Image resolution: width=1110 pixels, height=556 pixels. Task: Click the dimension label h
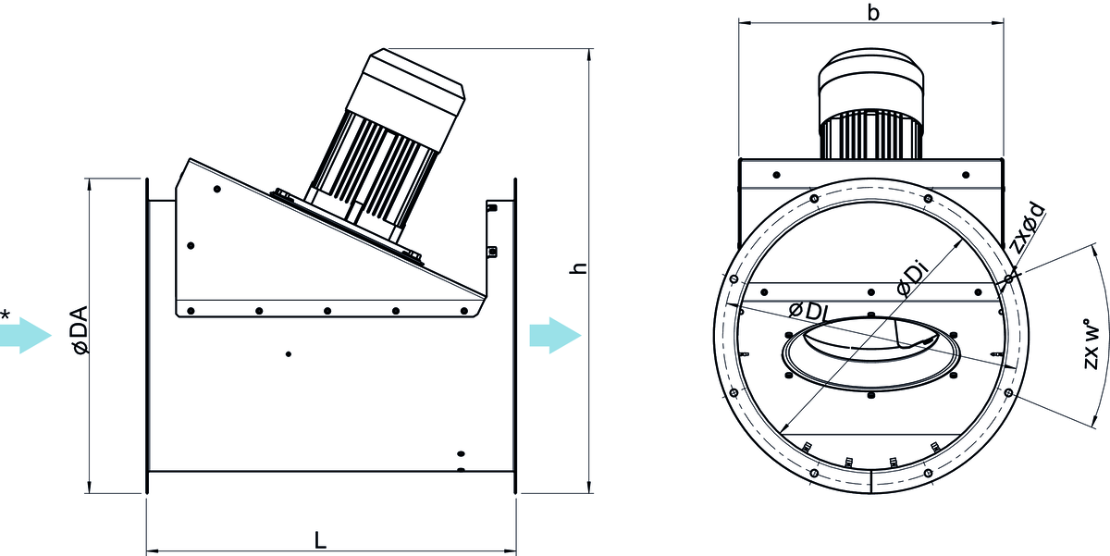pos(578,269)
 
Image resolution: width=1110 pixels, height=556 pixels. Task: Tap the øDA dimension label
pos(79,329)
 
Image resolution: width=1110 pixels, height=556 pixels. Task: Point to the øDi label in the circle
pos(911,279)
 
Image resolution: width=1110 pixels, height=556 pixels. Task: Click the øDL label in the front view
pos(807,311)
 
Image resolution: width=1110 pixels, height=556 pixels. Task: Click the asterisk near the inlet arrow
pos(6,316)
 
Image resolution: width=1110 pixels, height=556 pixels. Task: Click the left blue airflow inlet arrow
pos(25,334)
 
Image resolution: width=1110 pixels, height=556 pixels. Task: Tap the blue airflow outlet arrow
pos(554,334)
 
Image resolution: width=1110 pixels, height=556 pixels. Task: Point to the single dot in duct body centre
pos(289,353)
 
